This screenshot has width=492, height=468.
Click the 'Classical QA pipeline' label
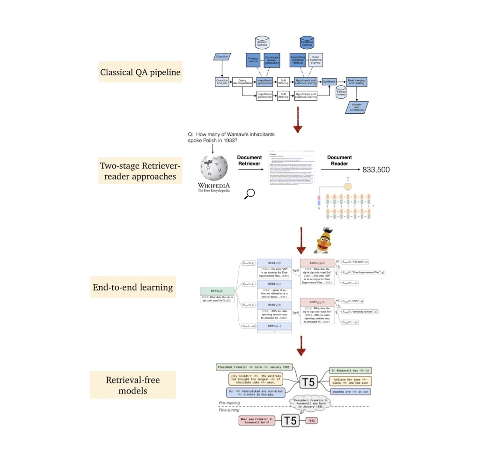140,73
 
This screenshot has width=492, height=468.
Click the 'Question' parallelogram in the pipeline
222,57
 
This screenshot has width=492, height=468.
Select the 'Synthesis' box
330,82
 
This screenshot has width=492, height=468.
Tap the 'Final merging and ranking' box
357,82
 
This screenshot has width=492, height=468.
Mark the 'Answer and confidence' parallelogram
357,107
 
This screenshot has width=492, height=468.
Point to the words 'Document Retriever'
250,162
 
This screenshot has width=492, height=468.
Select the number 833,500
376,170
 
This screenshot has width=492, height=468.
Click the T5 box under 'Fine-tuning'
290,420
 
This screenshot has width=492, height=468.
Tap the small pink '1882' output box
312,421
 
